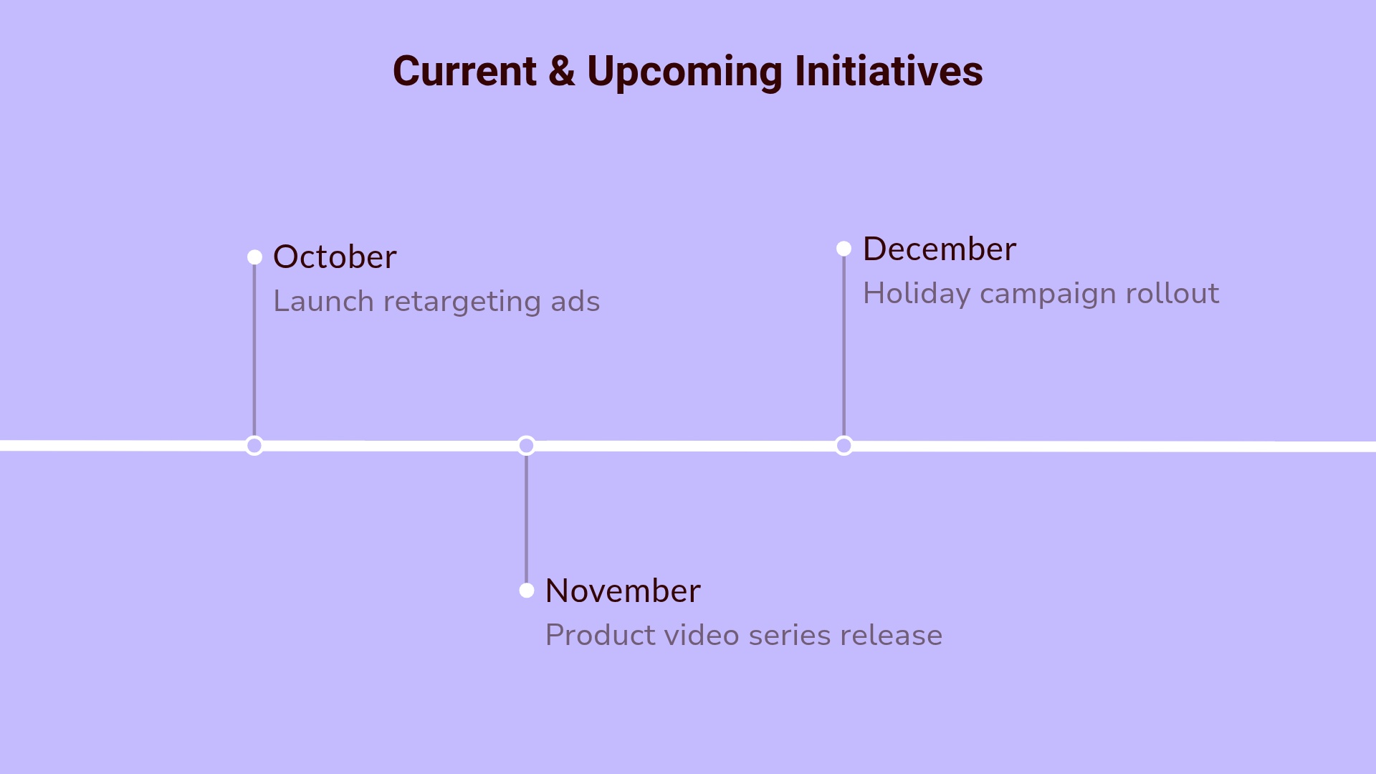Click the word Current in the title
click(464, 72)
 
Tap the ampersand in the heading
click(562, 72)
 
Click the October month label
click(335, 257)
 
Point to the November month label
click(623, 591)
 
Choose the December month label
click(939, 249)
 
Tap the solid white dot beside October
click(254, 257)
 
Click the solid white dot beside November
click(527, 591)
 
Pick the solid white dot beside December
click(844, 249)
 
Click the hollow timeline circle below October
click(254, 446)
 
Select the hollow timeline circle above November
click(527, 446)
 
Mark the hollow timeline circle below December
click(844, 446)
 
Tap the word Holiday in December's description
click(917, 294)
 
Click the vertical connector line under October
click(254, 351)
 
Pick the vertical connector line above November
click(527, 520)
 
